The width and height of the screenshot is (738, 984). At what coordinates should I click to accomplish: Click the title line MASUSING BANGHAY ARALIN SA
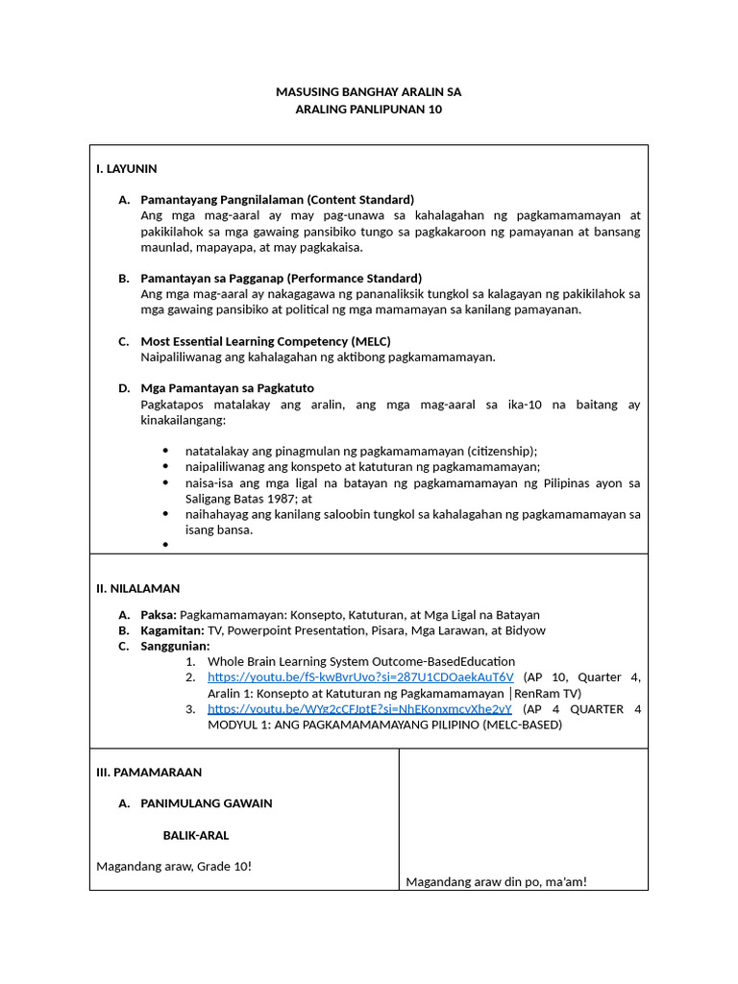click(369, 92)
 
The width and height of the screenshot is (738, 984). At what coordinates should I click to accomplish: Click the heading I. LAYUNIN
click(126, 168)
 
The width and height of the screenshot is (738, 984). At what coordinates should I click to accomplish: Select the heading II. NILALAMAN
click(137, 588)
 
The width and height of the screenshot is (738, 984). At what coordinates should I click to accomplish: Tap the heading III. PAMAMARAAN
click(149, 772)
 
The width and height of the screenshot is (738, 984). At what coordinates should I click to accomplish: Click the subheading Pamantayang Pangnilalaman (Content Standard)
click(277, 200)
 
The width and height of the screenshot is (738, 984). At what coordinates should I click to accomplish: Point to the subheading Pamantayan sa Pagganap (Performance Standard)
click(281, 279)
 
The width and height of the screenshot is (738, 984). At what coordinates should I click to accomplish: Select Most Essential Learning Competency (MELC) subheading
click(265, 341)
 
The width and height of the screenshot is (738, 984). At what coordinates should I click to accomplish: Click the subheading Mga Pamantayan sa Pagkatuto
click(227, 388)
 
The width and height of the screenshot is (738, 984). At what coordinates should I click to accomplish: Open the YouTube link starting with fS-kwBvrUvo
click(360, 677)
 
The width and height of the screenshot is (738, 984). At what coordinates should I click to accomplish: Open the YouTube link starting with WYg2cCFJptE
click(360, 709)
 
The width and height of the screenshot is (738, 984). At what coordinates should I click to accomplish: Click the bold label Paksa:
click(159, 615)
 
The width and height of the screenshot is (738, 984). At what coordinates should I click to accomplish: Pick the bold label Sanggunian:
click(175, 646)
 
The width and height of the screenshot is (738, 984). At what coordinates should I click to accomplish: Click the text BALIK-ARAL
click(195, 835)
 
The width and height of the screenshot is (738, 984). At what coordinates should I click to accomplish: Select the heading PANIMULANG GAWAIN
click(207, 803)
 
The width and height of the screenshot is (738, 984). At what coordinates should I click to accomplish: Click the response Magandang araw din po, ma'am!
click(496, 881)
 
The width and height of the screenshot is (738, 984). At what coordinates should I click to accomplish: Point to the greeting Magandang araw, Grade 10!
click(174, 866)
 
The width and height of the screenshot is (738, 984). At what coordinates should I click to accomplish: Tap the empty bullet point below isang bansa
click(165, 545)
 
